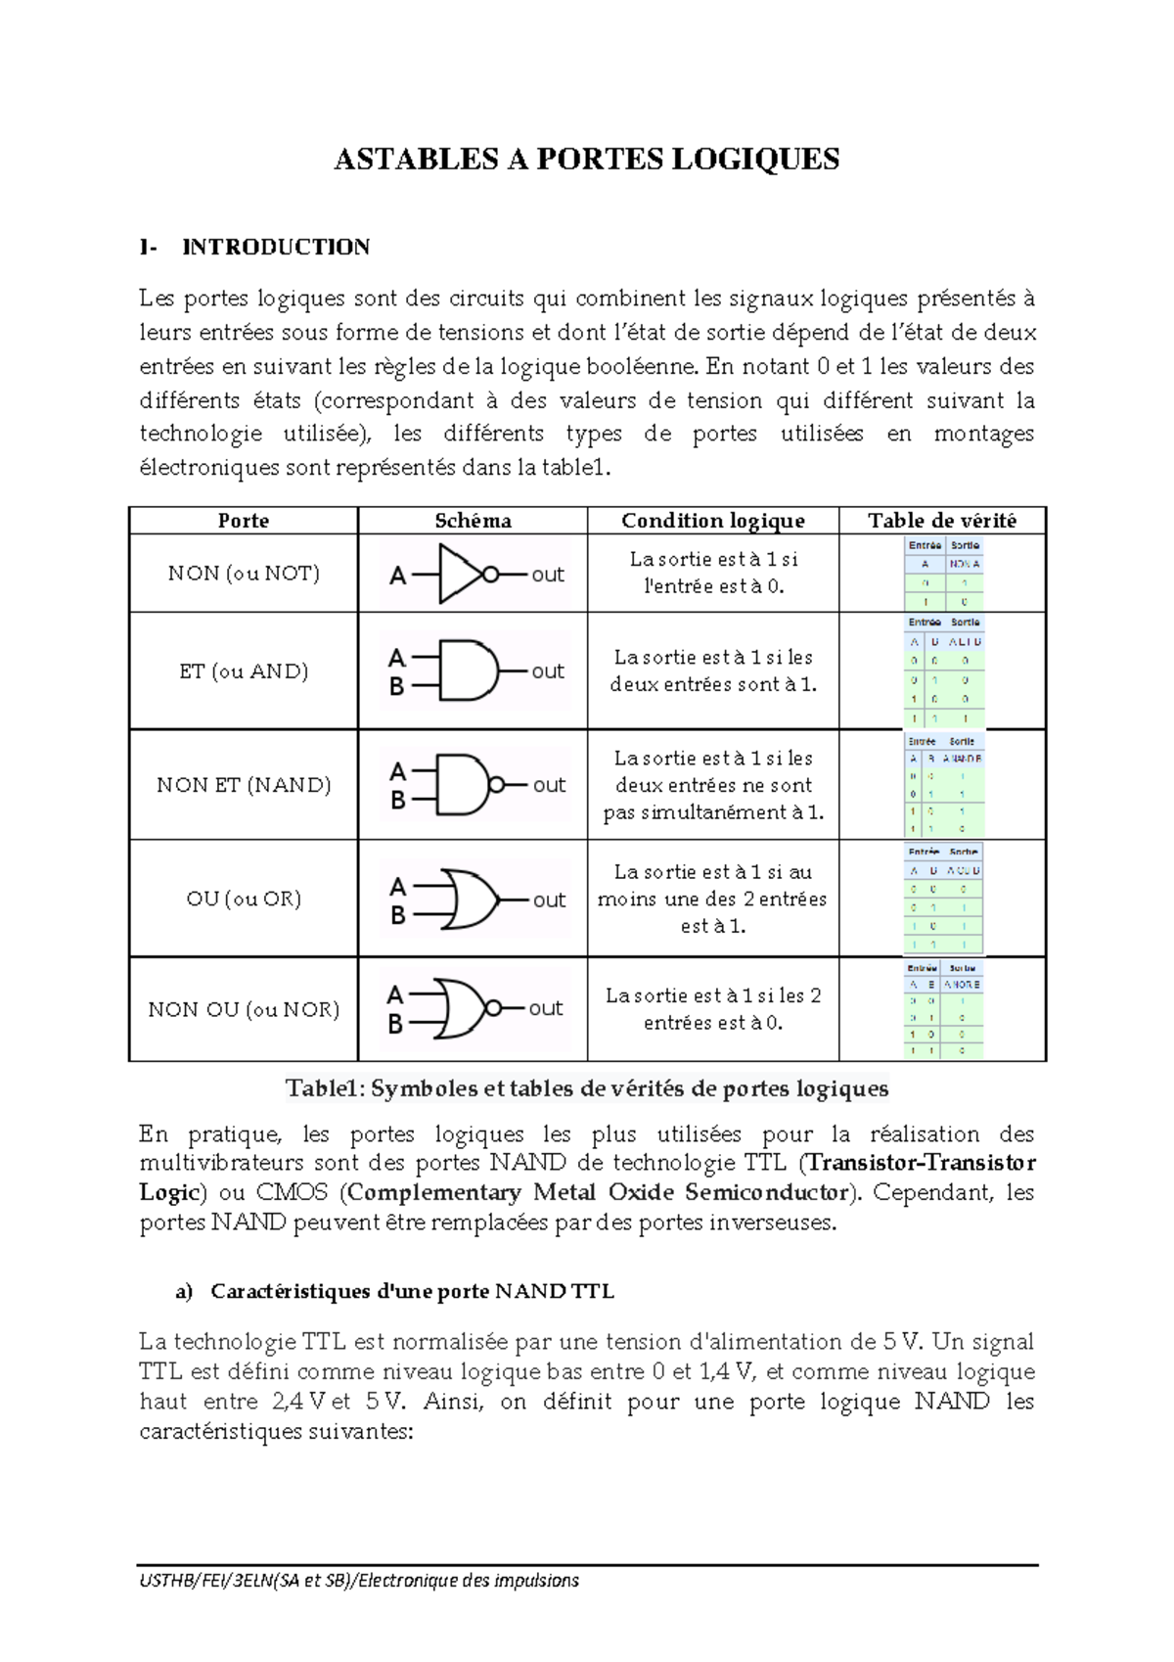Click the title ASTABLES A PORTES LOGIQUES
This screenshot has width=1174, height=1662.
coord(586,160)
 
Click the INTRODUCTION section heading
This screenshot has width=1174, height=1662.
coord(275,247)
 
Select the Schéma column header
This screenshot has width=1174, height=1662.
coord(473,521)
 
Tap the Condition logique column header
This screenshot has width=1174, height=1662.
coord(712,521)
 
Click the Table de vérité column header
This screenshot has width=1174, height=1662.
coord(941,521)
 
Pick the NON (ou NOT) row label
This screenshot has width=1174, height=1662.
coord(244,574)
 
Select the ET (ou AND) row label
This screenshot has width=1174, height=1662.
coord(244,671)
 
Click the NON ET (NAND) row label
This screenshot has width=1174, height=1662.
coord(244,785)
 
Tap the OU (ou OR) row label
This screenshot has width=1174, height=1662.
coord(244,899)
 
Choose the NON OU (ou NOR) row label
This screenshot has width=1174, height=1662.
coord(244,1009)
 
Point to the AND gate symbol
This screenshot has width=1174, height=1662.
coord(468,671)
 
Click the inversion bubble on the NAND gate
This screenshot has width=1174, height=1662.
coord(497,785)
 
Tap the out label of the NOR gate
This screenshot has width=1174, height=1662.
coord(545,1008)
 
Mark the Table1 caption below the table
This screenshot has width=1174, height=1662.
coord(587,1088)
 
